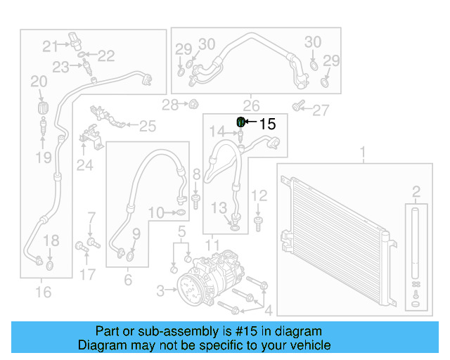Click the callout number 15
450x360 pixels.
coord(268,124)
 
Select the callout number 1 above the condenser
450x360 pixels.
coord(364,153)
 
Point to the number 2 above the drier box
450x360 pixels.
coord(416,191)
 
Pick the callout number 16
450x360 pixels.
coord(44,291)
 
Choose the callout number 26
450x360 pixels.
coord(252,105)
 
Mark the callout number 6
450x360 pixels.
coord(128,280)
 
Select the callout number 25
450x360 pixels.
coord(146,127)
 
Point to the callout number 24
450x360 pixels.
coord(84,165)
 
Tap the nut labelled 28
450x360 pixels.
coord(191,105)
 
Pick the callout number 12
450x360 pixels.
coord(259,195)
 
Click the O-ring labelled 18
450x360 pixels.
coord(50,266)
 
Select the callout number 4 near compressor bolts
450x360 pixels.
coord(266,309)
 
